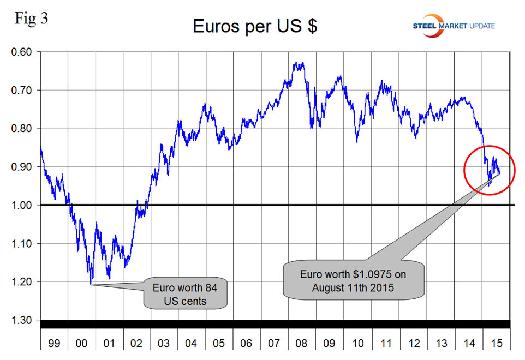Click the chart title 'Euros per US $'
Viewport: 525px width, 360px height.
pos(255,26)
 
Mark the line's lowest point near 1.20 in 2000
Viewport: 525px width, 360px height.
pos(91,284)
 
